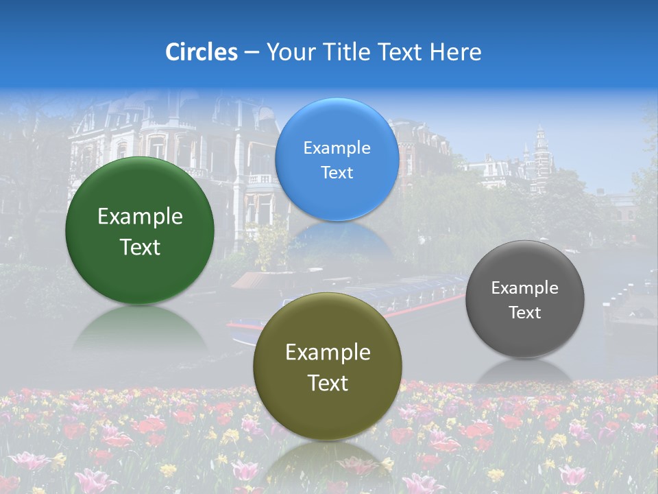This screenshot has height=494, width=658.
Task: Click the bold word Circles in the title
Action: (202, 52)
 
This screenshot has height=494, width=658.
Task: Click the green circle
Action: (140, 231)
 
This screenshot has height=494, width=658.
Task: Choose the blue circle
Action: (337, 160)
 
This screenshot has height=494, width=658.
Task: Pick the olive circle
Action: (328, 366)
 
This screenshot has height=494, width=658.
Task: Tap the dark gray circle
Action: (525, 299)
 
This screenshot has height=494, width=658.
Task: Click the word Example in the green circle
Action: (140, 217)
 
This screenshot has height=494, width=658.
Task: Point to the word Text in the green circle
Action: (140, 247)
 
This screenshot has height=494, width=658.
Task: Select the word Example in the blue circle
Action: (337, 148)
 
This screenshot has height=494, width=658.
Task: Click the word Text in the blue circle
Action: (337, 173)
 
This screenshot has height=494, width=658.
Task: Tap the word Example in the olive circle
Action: (328, 353)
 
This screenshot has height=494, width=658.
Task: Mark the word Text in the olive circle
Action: (328, 383)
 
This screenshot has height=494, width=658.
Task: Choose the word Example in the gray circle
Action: (525, 288)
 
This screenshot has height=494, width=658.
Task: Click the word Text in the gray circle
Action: (525, 313)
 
